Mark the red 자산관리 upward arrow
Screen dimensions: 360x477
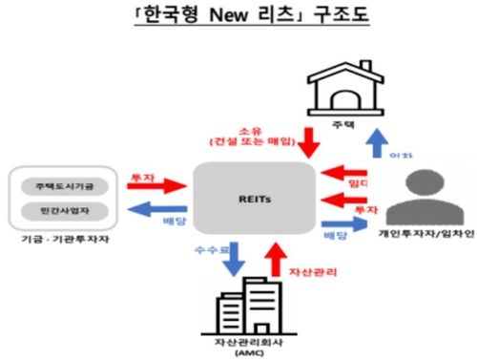pos(275,260)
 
